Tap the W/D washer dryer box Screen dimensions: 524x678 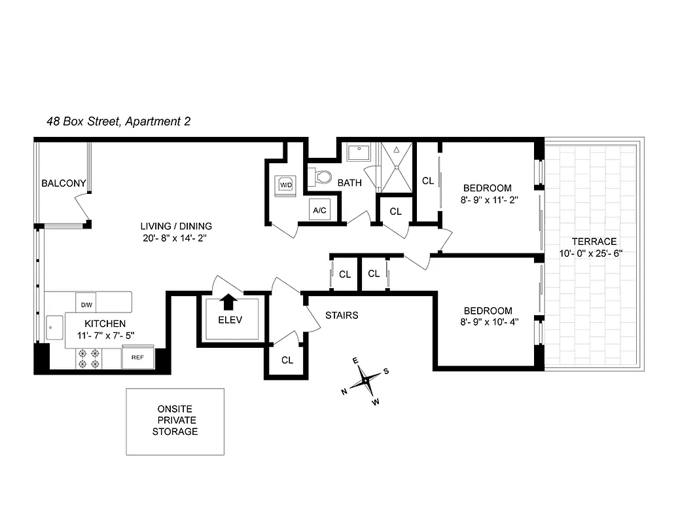pyautogui.click(x=286, y=185)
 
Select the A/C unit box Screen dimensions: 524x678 pyautogui.click(x=320, y=210)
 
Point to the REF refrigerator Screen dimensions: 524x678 pyautogui.click(x=137, y=358)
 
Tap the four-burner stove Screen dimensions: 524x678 pyautogui.click(x=90, y=358)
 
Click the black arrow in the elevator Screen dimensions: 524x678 pyautogui.click(x=228, y=301)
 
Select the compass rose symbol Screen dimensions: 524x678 pyautogui.click(x=365, y=379)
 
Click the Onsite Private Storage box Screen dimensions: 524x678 pyautogui.click(x=175, y=421)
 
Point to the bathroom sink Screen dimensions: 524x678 pyautogui.click(x=359, y=153)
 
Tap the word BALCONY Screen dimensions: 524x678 pyautogui.click(x=63, y=183)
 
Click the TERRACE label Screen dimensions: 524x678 pyautogui.click(x=594, y=241)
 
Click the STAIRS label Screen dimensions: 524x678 pyautogui.click(x=342, y=315)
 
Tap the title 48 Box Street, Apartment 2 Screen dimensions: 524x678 pyautogui.click(x=118, y=121)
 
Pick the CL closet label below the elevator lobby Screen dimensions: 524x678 pyautogui.click(x=287, y=360)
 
